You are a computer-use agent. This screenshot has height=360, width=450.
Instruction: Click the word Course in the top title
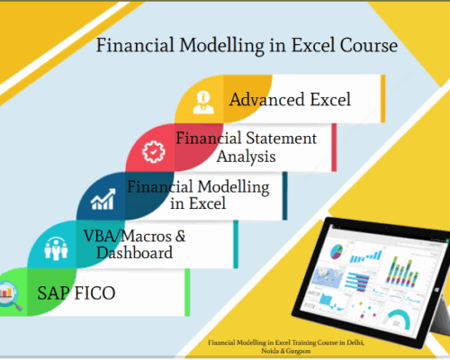point(369,46)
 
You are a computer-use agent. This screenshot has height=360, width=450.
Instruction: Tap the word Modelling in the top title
point(221,46)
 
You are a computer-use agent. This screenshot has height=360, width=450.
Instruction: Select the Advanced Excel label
point(290,99)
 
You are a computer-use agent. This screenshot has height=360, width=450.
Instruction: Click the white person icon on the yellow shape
point(203,103)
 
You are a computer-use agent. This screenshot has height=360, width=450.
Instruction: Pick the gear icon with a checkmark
point(153,151)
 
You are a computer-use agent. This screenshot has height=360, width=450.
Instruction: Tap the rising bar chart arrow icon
point(103,199)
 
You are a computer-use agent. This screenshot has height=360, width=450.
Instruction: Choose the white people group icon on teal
point(56,248)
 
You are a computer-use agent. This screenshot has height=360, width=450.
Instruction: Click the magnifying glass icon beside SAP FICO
point(9,295)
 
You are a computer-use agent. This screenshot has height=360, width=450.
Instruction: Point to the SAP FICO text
point(76,293)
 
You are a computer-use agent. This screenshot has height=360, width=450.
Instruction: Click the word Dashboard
point(135,253)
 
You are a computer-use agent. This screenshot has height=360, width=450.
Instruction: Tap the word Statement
point(281,139)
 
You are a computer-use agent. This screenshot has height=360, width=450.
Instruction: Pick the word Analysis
point(246,157)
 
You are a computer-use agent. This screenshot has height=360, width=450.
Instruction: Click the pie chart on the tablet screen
point(337,251)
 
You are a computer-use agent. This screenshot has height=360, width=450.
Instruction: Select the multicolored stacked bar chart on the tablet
point(401,272)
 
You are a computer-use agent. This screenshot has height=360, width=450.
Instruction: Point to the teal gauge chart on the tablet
point(398,317)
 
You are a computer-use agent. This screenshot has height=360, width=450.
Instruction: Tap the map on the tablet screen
point(327,276)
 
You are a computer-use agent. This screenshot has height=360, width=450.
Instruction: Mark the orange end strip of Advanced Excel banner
point(383,99)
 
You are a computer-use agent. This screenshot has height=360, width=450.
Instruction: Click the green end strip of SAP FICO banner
point(187,292)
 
